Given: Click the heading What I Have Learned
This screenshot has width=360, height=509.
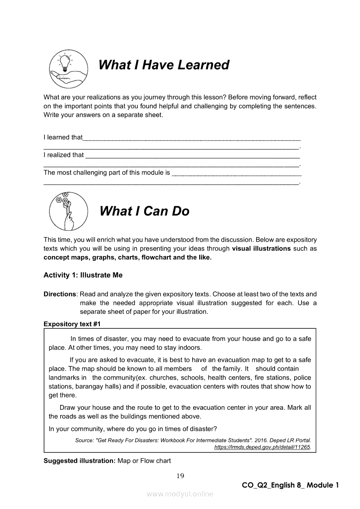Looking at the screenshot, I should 164,65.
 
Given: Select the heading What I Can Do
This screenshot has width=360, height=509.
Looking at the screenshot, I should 144,211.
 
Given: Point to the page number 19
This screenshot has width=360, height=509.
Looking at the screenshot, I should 180,475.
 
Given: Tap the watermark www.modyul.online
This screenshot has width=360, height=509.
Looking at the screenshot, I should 180,494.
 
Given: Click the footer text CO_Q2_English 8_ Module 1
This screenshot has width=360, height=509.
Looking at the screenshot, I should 290,485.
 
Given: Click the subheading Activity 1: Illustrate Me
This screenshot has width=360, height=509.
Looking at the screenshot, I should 83,275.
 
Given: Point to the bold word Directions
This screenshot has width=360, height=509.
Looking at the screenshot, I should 60,294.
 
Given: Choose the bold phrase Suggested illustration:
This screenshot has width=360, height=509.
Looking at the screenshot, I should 80,461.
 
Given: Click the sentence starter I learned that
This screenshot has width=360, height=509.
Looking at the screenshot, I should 63,137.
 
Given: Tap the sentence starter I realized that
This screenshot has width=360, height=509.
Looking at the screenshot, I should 64,155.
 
